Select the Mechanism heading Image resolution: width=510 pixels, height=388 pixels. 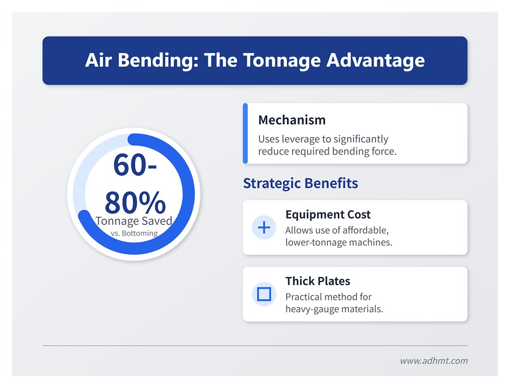[292, 120]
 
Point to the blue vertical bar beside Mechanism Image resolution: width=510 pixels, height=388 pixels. [245, 133]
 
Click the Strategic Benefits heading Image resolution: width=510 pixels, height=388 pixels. [300, 183]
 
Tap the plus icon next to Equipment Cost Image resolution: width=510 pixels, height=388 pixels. [264, 228]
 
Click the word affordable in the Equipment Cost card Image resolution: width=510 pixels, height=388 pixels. [365, 231]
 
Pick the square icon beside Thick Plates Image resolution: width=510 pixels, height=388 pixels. [264, 294]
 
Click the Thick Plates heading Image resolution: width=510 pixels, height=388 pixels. [317, 281]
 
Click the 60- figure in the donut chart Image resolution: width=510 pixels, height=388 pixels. [135, 166]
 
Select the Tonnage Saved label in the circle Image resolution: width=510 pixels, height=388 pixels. [133, 221]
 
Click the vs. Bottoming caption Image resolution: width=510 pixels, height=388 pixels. [133, 233]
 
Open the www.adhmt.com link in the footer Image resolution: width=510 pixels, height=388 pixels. [433, 361]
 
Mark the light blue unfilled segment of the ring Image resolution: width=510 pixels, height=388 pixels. [85, 170]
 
